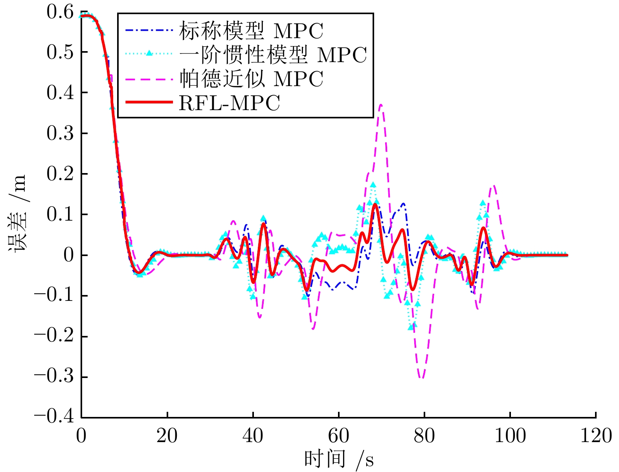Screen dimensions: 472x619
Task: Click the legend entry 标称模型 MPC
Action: (251, 31)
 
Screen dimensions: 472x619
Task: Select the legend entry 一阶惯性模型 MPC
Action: (273, 55)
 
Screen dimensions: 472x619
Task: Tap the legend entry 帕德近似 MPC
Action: (251, 79)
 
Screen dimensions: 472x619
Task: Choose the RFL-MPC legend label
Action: (229, 103)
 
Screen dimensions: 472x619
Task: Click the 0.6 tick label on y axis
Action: (60, 12)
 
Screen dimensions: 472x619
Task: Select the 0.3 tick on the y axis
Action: (60, 133)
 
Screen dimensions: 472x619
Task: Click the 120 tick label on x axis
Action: (596, 436)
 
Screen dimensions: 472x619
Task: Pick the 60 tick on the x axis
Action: (338, 436)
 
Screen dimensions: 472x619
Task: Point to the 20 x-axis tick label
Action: (167, 436)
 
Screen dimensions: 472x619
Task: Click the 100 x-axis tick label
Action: (510, 436)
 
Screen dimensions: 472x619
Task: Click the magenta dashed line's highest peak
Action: (381, 105)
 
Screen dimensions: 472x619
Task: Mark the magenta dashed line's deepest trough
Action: (421, 378)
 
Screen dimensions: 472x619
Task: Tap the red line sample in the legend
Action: (149, 102)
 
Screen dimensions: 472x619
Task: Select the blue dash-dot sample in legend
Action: (149, 30)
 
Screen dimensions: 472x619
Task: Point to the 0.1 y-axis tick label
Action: (60, 214)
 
